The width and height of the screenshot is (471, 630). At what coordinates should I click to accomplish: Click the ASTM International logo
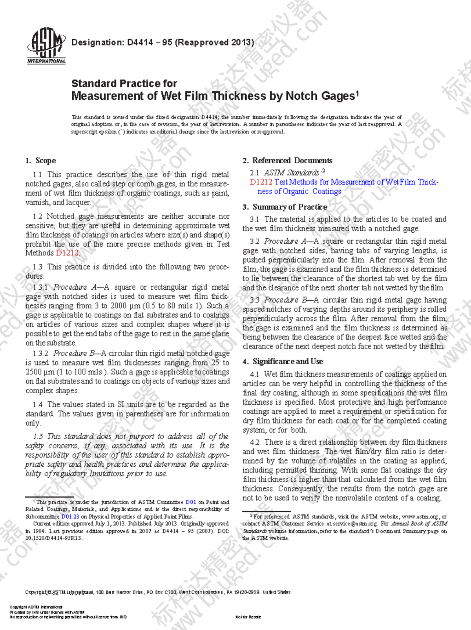46,46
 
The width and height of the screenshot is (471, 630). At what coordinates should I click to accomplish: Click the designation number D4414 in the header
140,42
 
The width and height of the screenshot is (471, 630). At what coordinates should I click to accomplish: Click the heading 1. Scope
40,161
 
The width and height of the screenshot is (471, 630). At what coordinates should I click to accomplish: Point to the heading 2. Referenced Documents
287,161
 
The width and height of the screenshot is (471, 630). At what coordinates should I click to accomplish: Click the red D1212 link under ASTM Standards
261,182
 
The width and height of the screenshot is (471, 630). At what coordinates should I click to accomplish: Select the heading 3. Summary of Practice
285,207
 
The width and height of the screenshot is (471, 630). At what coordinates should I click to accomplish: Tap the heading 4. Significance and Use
283,362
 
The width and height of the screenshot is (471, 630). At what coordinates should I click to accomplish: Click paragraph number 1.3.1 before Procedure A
40,287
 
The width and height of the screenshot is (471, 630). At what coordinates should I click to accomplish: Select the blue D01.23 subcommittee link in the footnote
70,517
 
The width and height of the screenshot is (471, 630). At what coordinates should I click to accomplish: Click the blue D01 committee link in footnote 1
191,502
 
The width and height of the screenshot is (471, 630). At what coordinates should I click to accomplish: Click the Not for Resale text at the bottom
248,617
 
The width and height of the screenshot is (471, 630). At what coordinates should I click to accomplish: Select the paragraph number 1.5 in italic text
38,436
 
